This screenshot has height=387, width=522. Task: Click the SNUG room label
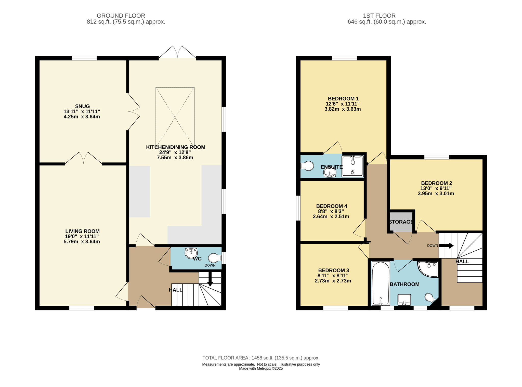click(82, 106)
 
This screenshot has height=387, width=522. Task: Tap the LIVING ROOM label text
click(82, 231)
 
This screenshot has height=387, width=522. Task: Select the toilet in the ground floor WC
click(215, 258)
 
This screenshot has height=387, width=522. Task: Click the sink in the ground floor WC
click(191, 253)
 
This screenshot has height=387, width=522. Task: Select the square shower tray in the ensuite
click(353, 166)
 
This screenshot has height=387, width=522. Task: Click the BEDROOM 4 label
click(332, 206)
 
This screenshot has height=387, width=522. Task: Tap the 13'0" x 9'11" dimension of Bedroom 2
click(436, 188)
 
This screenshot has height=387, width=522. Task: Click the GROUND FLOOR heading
click(121, 16)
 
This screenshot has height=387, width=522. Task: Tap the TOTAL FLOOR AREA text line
click(261, 358)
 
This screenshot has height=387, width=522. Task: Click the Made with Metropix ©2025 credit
click(261, 368)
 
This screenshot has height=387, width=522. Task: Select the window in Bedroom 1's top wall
click(344, 58)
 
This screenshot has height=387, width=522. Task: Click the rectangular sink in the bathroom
click(404, 300)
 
